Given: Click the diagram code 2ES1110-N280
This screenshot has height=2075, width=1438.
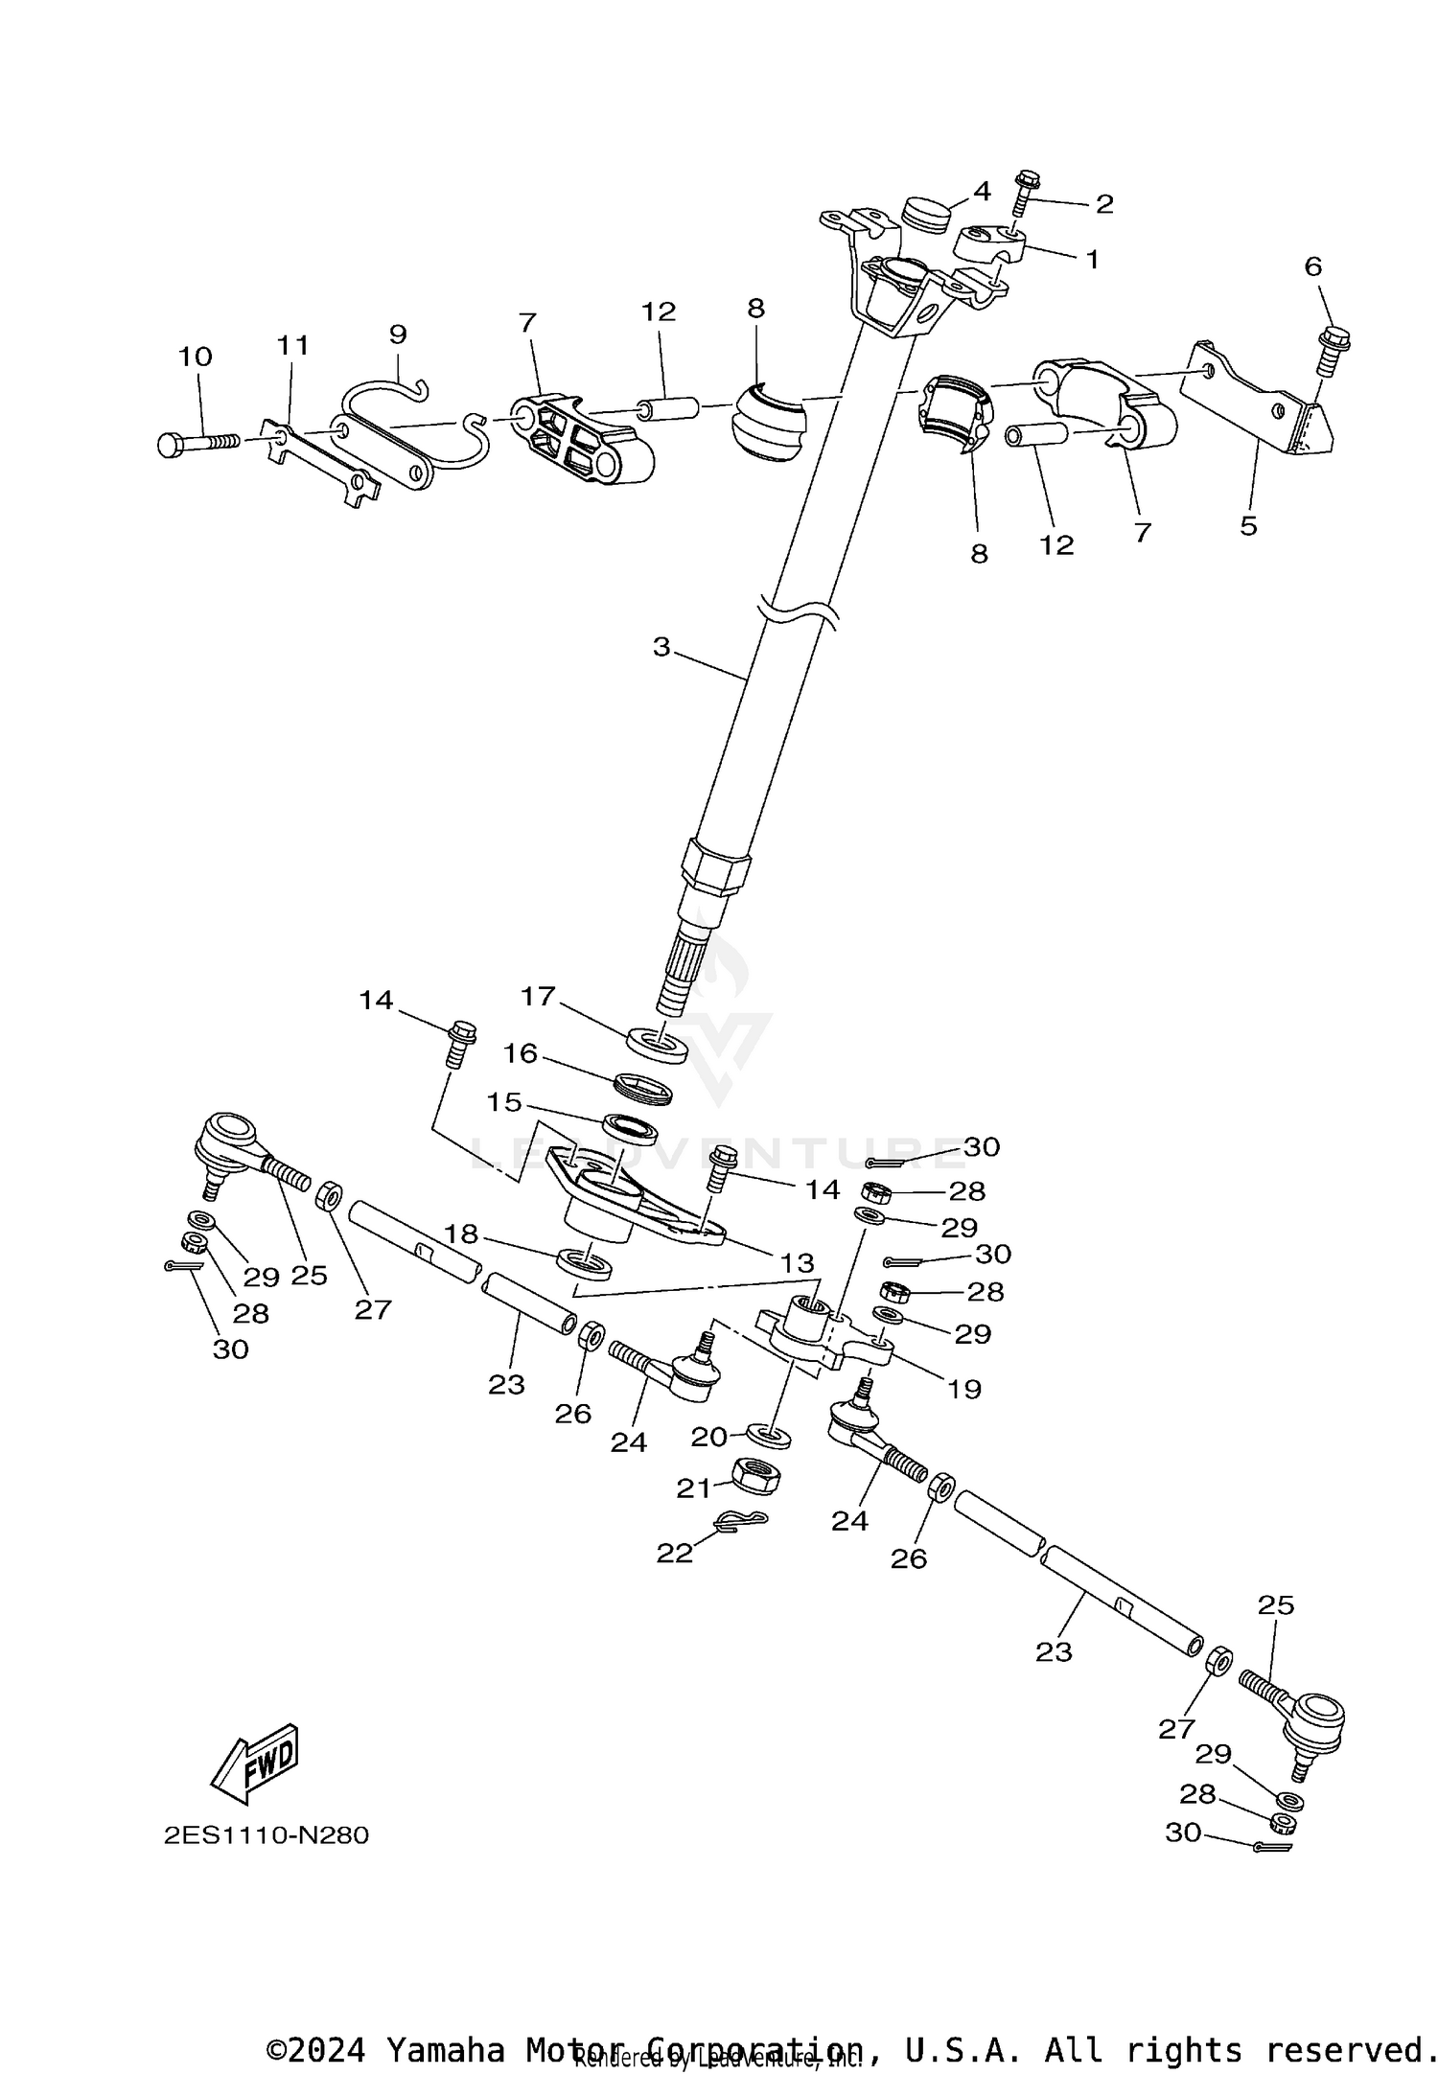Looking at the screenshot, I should click(x=267, y=1835).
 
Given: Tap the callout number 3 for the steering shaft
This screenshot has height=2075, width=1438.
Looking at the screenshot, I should click(x=661, y=647).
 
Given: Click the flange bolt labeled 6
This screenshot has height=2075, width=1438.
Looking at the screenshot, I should click(x=1334, y=350).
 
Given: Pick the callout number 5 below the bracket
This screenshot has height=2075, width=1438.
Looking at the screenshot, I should click(x=1248, y=525).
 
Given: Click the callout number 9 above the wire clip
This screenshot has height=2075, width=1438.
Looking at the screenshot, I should click(x=398, y=334).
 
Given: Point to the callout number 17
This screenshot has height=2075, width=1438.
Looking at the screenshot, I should click(x=538, y=997).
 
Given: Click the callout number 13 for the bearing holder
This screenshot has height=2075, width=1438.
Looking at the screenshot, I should click(x=798, y=1263).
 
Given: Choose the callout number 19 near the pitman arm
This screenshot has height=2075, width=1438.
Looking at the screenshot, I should click(x=964, y=1389).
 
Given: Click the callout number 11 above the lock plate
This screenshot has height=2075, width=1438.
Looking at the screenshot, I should click(x=293, y=345).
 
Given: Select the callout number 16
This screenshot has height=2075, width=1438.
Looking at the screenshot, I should click(x=521, y=1054).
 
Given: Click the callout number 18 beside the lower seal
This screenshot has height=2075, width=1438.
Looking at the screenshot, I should click(x=461, y=1233).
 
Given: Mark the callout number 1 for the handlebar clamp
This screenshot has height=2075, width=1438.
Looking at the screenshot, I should click(x=1092, y=259).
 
